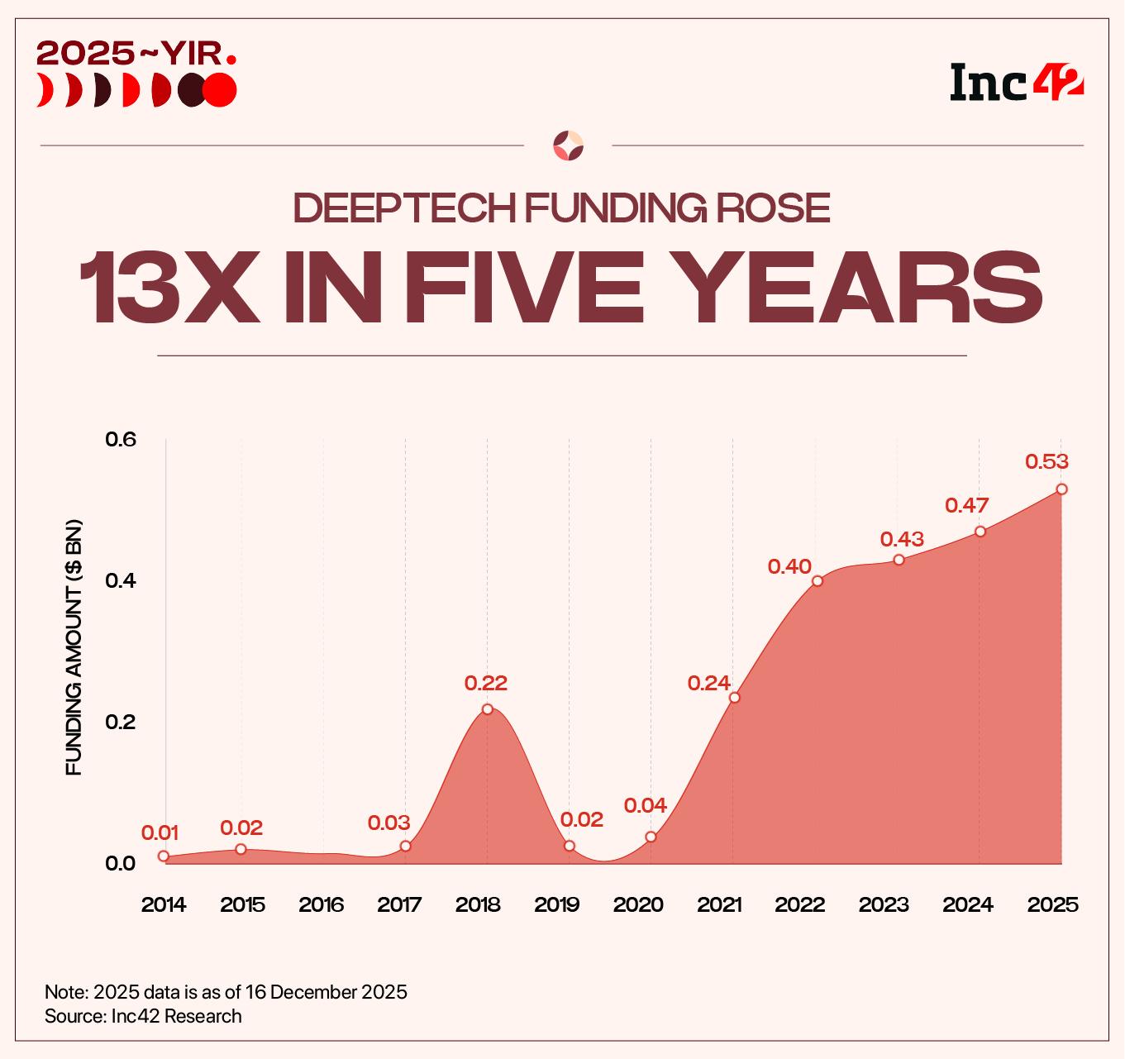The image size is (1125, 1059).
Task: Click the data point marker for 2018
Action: (487, 709)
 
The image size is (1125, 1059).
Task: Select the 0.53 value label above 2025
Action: (1046, 461)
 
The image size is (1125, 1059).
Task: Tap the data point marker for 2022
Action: (818, 580)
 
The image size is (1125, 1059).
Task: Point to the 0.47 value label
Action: (966, 505)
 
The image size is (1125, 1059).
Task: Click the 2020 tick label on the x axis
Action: (638, 904)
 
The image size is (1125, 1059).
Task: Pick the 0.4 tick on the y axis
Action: (120, 580)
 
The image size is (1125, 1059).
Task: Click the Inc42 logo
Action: (1016, 81)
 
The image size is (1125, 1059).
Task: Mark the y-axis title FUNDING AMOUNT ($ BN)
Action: (74, 648)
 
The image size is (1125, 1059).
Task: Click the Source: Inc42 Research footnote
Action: (143, 1016)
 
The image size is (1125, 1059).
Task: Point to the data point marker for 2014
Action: (164, 856)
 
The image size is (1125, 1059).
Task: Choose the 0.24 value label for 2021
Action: (708, 683)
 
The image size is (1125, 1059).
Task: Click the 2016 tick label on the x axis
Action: (322, 904)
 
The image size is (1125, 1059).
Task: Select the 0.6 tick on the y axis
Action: (120, 439)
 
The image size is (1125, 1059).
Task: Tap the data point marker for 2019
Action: (570, 846)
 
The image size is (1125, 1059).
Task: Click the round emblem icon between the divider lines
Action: (568, 145)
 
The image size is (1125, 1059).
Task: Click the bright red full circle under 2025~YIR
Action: (220, 90)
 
